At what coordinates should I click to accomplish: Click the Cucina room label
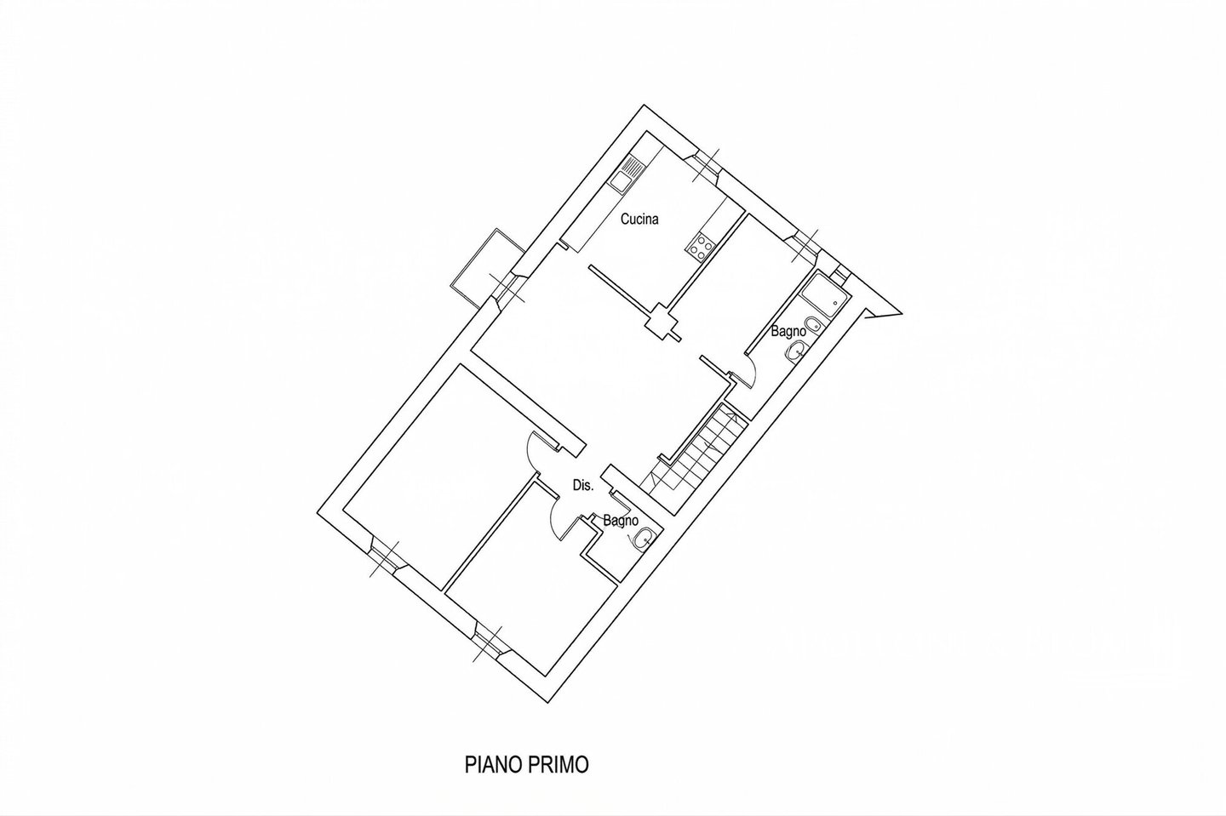tap(639, 220)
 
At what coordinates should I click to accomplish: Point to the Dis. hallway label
tap(583, 485)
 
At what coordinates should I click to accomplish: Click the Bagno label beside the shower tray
tap(788, 332)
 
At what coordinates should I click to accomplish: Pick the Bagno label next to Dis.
tap(620, 521)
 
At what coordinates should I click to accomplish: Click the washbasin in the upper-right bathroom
tap(796, 351)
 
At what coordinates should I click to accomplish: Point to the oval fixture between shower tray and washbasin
tap(814, 324)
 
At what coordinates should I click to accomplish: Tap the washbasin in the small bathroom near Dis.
tap(643, 539)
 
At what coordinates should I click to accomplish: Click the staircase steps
tap(694, 459)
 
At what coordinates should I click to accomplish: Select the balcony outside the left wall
tap(487, 267)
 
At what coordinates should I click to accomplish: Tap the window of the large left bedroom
tap(384, 559)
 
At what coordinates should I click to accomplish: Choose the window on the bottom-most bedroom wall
tap(487, 644)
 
